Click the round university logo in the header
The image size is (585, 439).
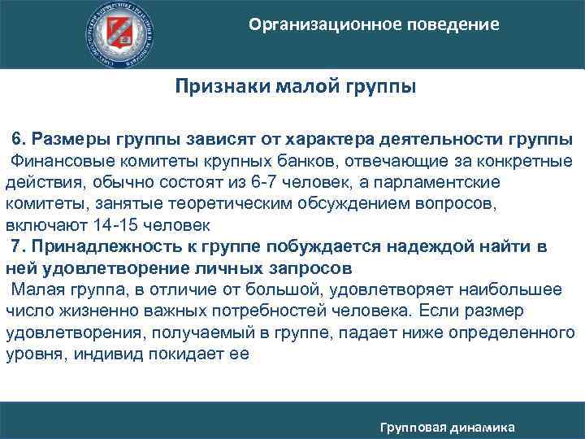coord(123,33)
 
